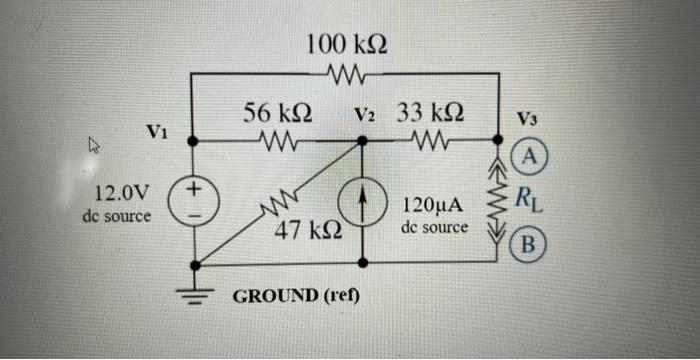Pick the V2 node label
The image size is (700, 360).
(365, 114)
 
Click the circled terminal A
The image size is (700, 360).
(531, 155)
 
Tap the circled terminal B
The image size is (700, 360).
(531, 243)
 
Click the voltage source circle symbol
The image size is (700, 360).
(192, 201)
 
